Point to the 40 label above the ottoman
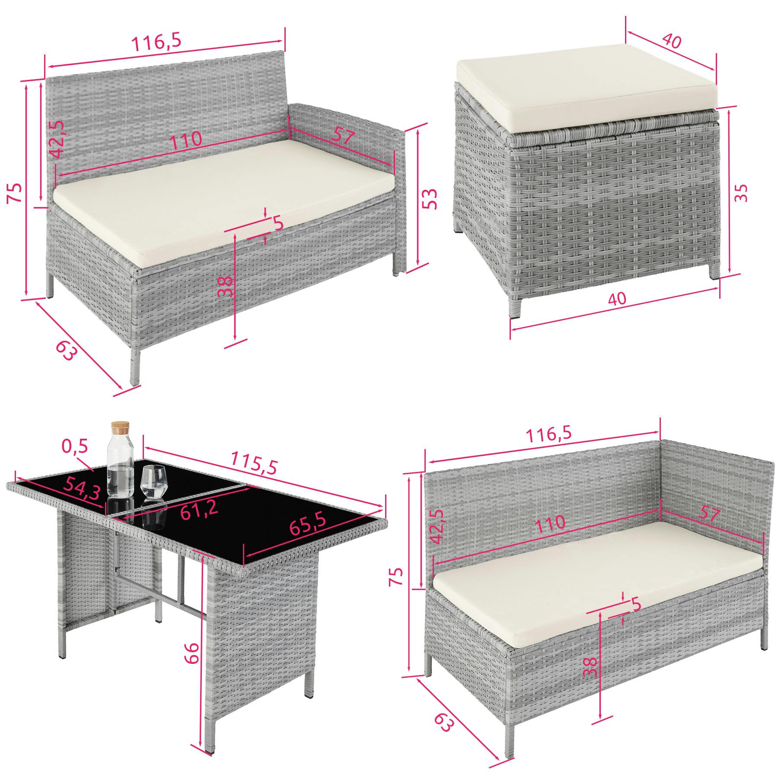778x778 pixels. pyautogui.click(x=671, y=41)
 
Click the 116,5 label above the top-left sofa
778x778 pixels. pyautogui.click(x=156, y=42)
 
